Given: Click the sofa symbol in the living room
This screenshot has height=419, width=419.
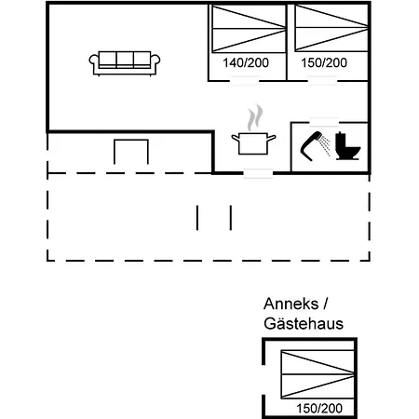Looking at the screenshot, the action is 125,63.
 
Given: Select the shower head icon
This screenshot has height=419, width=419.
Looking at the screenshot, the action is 311,146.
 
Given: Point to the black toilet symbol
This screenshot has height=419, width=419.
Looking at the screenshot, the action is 348,146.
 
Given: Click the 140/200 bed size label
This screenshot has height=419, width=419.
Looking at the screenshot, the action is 246,63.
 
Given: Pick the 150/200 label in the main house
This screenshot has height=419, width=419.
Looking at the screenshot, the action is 324,63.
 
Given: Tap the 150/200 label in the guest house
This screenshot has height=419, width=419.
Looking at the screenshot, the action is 319,409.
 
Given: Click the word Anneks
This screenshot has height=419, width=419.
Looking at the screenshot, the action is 291,304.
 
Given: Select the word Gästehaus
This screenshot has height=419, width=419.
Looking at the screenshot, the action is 304,324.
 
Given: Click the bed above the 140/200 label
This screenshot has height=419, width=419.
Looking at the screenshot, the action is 249,29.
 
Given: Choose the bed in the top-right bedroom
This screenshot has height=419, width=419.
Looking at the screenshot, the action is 331,28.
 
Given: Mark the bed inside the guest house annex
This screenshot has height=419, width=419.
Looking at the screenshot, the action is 318,374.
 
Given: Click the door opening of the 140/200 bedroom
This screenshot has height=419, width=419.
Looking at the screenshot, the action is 245,81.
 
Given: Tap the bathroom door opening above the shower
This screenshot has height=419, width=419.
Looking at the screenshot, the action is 324,122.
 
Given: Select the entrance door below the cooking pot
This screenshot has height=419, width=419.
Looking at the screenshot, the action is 258,173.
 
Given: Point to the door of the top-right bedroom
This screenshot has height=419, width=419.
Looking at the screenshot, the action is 323,81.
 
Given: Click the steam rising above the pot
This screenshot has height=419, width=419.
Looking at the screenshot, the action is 255,117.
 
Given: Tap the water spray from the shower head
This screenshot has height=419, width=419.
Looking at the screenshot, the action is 326,145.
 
